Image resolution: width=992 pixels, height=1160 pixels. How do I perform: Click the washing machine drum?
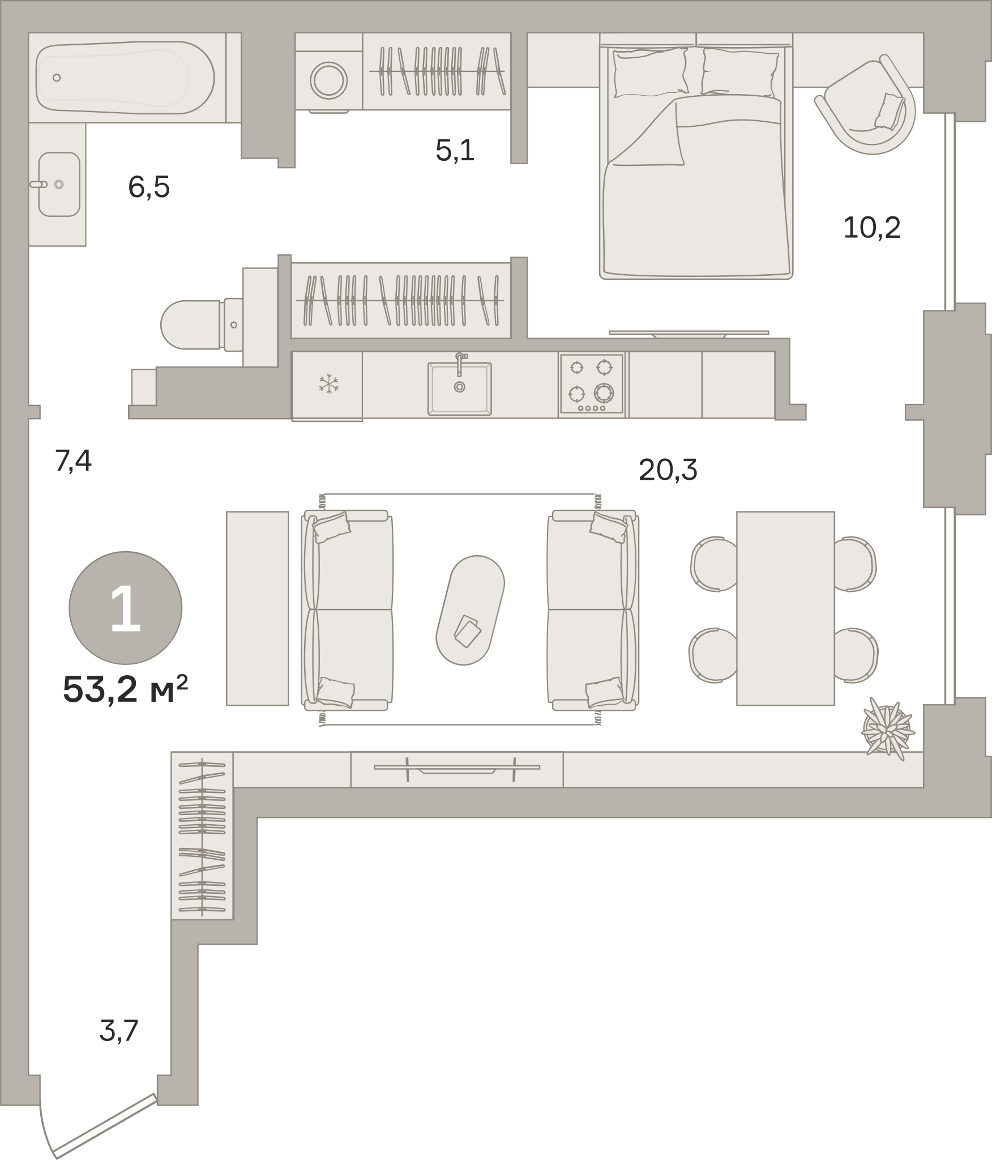tap(330, 80)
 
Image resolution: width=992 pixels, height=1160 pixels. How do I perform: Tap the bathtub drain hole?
tap(57, 78)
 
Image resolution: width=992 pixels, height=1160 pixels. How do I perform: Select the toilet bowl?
tap(190, 325)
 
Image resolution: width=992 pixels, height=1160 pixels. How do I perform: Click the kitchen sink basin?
tap(460, 389)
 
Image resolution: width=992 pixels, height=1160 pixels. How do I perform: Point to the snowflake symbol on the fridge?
tap(328, 383)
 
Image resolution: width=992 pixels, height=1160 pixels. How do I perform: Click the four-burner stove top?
tap(592, 383)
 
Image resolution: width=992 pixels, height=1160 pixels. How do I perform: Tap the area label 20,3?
tap(668, 470)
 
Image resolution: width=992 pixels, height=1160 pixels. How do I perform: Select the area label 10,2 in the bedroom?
tap(872, 228)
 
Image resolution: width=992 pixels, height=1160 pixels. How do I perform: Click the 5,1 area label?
tap(455, 151)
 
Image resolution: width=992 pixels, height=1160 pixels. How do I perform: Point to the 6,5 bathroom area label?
tap(149, 187)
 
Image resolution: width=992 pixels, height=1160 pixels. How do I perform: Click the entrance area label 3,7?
tap(119, 1031)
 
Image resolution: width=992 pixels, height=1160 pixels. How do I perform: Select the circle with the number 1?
tap(126, 608)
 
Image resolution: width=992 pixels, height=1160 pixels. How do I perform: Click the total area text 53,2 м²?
tap(125, 689)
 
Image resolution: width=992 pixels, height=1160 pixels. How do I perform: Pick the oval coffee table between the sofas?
tap(470, 610)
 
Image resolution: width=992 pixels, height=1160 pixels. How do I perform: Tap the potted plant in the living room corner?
tap(887, 731)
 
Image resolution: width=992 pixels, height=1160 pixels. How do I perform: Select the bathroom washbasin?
tap(59, 184)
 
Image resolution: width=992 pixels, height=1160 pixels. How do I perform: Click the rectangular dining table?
tap(785, 608)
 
